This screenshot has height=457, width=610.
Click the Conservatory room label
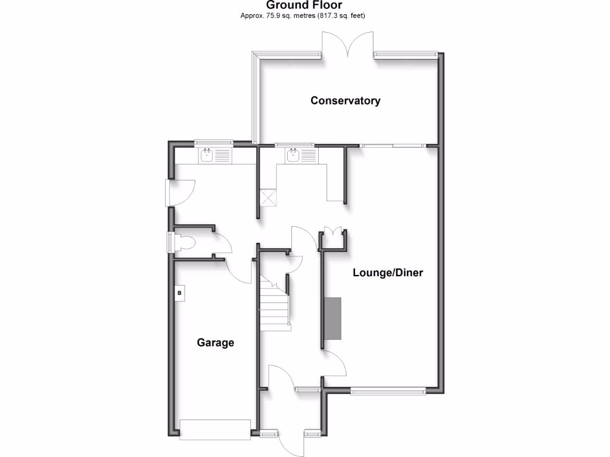coord(345,101)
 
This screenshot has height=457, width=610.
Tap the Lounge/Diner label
coord(388,273)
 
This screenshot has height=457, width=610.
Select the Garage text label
coord(216,343)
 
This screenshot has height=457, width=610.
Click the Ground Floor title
coord(304,5)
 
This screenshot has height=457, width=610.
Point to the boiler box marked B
coord(179,293)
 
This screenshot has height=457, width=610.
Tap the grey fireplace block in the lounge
coord(332,318)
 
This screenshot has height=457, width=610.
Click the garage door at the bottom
coord(215,428)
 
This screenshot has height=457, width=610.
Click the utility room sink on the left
coord(207,156)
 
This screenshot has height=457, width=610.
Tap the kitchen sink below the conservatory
coord(293,155)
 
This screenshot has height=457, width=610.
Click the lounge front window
coord(388,390)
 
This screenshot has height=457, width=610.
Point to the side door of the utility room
coord(179,192)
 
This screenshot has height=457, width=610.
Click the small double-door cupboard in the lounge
coord(332,233)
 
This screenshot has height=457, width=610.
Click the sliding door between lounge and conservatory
coord(393,145)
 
